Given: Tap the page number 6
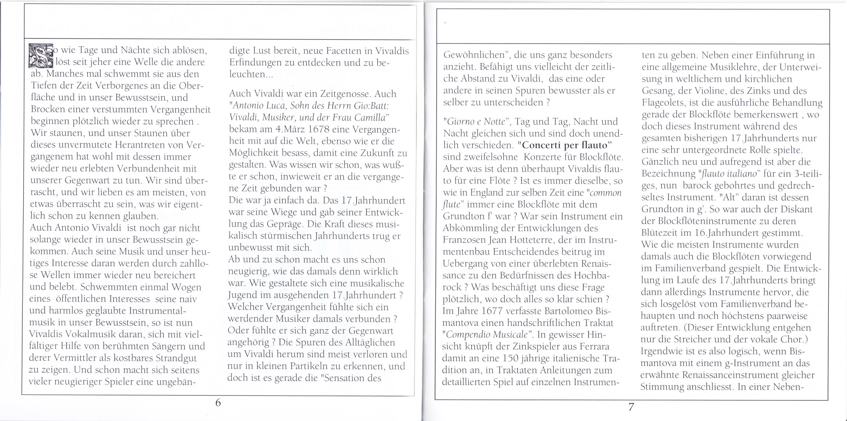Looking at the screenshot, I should click(218, 402).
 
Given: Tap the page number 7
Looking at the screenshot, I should click(631, 407).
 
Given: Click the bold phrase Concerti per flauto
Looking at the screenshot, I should click(568, 145).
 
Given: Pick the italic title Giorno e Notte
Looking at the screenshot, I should click(475, 122).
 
